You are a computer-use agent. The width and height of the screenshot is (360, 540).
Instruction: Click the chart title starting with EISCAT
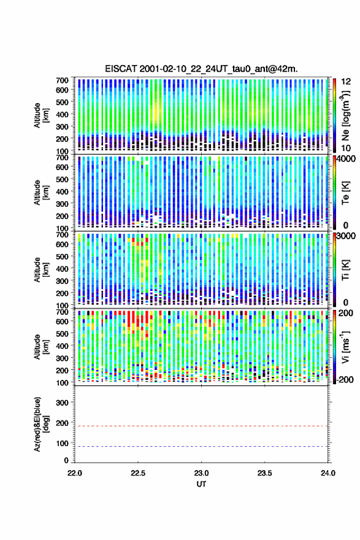[x=201, y=69]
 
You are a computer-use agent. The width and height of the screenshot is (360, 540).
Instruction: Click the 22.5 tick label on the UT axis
[x=137, y=473]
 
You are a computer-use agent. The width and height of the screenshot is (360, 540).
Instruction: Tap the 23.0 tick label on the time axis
[x=201, y=473]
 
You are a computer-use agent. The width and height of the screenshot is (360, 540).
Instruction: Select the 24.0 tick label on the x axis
[x=327, y=473]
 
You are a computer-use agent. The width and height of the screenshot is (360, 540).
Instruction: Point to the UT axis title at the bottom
[x=201, y=484]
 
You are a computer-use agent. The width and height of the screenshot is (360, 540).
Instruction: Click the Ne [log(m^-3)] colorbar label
[x=345, y=115]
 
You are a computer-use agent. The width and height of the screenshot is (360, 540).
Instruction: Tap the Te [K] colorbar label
[x=345, y=193]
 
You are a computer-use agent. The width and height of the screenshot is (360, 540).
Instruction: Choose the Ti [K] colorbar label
[x=345, y=269]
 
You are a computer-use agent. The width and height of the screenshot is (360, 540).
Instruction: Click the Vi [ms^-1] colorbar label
[x=345, y=347]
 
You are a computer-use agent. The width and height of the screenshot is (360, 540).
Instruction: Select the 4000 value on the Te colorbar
[x=347, y=159]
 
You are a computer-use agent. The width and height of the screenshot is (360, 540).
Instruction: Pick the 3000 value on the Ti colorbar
[x=347, y=236]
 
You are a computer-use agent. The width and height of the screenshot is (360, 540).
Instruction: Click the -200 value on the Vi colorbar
[x=345, y=379]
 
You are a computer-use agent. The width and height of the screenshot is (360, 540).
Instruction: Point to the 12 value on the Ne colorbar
[x=347, y=82]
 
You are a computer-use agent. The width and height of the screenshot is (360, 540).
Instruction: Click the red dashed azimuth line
[x=201, y=426]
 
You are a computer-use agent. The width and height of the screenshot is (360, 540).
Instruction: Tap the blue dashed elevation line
[x=201, y=446]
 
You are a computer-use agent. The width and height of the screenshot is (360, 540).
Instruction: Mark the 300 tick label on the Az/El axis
[x=63, y=403]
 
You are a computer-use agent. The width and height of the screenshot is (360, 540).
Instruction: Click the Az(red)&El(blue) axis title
[x=42, y=424]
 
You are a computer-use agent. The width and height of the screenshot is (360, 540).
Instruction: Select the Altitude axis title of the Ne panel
[x=41, y=115]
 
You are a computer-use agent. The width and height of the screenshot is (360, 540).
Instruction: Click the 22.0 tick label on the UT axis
[x=75, y=473]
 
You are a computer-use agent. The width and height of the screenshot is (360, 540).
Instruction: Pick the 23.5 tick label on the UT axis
[x=264, y=473]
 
